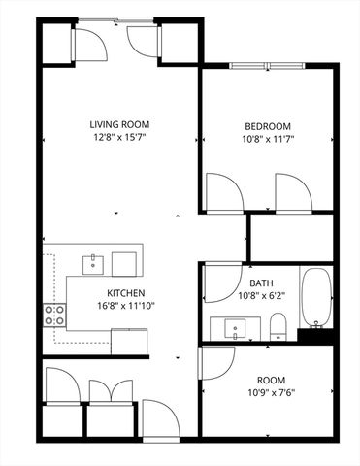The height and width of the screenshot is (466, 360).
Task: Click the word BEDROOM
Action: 267,127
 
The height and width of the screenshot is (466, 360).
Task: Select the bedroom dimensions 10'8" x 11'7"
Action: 267,141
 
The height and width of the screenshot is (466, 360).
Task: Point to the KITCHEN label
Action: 126,293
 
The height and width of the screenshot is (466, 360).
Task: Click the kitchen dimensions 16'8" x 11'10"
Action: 126,307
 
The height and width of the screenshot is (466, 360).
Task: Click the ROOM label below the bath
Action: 271,381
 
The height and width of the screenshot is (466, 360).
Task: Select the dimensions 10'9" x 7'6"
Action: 271,394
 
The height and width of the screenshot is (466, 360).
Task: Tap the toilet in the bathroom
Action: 278,324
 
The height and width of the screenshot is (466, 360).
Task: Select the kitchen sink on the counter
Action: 94,261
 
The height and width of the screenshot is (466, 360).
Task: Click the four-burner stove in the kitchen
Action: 54,314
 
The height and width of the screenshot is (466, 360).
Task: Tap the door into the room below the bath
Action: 215,362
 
